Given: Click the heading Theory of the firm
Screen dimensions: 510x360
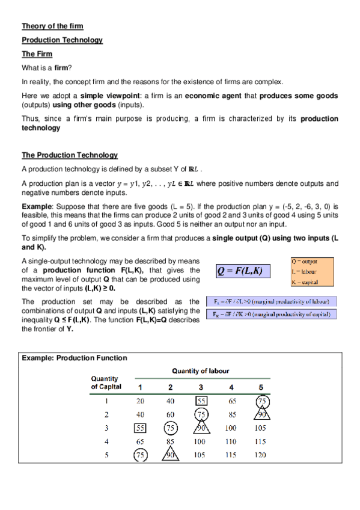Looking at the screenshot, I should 52,26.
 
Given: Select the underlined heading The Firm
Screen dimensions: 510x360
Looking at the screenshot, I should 37,54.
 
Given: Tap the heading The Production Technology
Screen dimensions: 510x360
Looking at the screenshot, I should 69,155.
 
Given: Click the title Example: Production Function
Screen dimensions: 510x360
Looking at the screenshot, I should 75,358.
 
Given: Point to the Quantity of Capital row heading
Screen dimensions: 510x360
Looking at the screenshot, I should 105,382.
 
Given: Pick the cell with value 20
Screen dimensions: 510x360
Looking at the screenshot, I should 140,400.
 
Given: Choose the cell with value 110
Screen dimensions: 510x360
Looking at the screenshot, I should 231,441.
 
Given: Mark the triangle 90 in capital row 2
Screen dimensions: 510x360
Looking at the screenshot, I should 260,414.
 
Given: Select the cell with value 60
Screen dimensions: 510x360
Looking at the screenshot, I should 170,414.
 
